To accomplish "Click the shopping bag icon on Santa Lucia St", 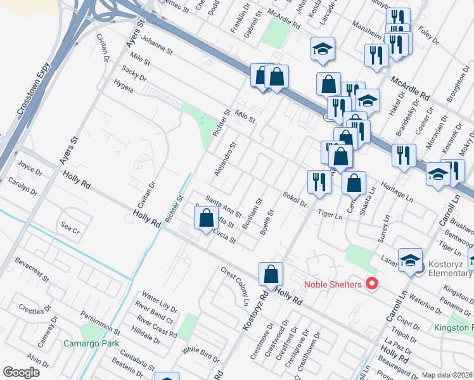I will (x=206, y=218).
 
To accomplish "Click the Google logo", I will (x=21, y=372).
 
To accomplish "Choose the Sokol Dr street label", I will (x=295, y=199).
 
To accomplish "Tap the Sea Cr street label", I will (x=70, y=226).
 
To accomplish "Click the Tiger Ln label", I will (x=330, y=215).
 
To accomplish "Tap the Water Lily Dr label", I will (x=158, y=297).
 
